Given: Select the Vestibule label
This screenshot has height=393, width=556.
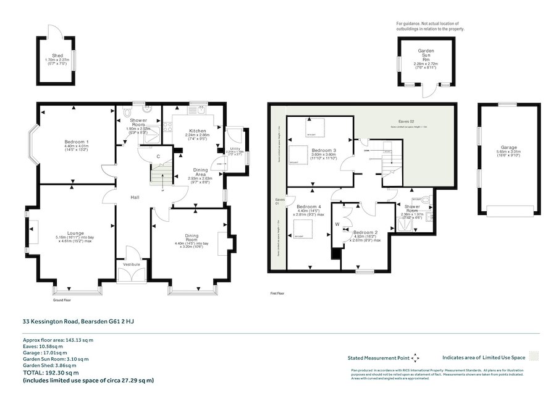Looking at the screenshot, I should point(133,264).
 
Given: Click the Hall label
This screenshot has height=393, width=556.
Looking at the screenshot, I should point(133,197).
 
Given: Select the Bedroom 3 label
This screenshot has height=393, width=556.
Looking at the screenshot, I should point(324,151).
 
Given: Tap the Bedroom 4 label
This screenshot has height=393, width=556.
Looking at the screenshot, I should point(309,206).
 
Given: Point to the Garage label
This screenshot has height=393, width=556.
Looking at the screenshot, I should point(508,148).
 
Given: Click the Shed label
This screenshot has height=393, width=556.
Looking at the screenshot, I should point(57,56).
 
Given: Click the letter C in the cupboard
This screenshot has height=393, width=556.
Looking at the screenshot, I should point(158,157).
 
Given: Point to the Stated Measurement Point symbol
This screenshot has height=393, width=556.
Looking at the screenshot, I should point(415,357).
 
